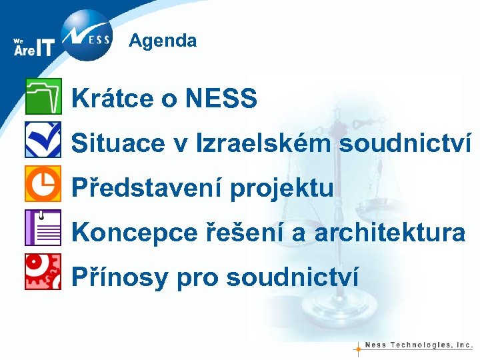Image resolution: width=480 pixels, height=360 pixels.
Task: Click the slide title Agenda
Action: [x=163, y=41]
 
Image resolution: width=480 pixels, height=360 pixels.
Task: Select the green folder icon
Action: [x=43, y=96]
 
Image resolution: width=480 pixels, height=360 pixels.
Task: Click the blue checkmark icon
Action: [x=43, y=139]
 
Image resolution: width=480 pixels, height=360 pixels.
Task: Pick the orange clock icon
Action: [x=43, y=183]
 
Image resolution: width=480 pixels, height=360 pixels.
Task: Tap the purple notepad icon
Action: [x=43, y=227]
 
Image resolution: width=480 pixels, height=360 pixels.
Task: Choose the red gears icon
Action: [x=43, y=271]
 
